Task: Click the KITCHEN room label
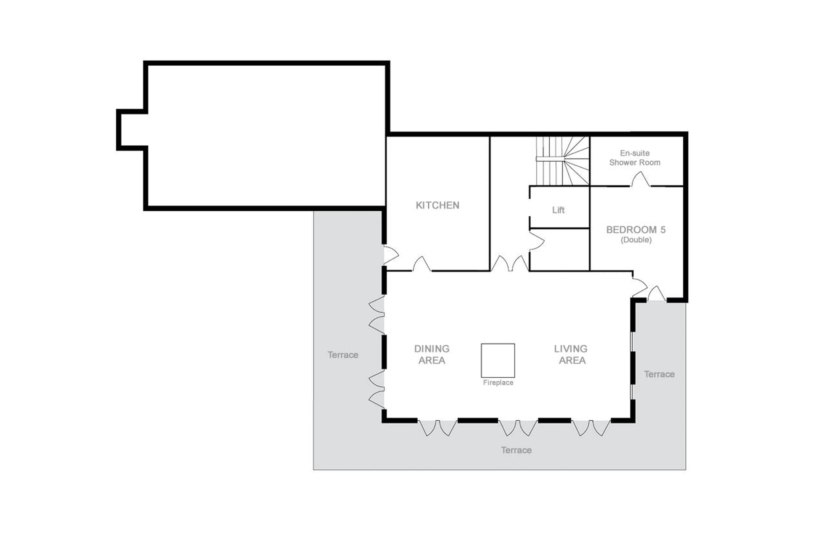click(437, 205)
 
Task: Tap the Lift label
click(558, 210)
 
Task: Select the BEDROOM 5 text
click(636, 230)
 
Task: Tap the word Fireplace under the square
click(498, 383)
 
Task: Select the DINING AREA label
click(432, 354)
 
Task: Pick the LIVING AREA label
click(571, 354)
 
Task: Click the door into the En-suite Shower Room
click(641, 180)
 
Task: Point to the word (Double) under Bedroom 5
click(636, 240)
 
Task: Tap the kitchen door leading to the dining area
click(422, 264)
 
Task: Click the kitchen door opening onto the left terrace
click(390, 255)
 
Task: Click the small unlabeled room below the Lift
click(559, 250)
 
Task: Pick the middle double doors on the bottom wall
click(518, 428)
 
